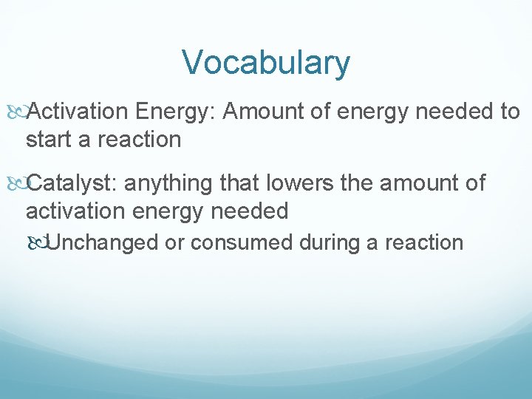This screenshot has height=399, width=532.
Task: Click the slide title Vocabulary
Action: click(x=266, y=63)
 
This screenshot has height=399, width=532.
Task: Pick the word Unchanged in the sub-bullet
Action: click(x=101, y=242)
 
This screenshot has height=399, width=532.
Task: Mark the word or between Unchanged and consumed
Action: click(x=174, y=242)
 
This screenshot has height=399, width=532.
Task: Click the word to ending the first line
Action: click(x=510, y=112)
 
